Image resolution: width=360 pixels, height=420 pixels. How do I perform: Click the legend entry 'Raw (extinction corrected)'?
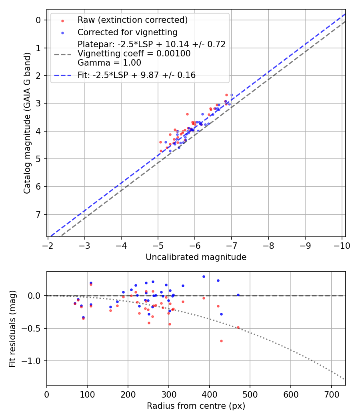[x=132, y=20]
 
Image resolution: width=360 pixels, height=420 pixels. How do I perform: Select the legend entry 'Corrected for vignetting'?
[x=127, y=32]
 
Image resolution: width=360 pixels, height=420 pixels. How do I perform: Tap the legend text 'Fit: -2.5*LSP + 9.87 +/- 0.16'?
[x=136, y=75]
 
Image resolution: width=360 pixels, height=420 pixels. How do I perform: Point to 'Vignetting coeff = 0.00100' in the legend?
[x=134, y=54]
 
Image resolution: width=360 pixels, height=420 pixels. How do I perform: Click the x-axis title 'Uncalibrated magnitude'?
[x=196, y=257]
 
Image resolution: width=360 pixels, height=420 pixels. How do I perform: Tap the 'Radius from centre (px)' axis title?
[x=196, y=406]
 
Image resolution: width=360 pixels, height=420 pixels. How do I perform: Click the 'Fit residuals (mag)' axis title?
[x=12, y=328]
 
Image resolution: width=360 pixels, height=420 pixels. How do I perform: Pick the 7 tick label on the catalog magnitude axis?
[x=39, y=214]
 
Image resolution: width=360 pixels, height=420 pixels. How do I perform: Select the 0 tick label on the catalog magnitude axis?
[x=39, y=20]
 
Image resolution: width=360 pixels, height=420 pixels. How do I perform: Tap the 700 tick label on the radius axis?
[x=331, y=395]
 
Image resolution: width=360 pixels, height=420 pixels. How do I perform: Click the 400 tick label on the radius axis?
[x=209, y=395]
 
